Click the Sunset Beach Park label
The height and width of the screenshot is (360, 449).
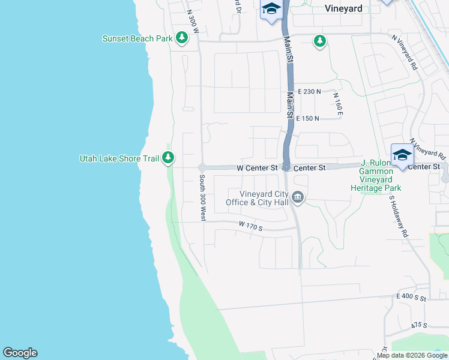point(137,39)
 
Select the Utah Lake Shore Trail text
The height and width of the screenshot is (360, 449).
point(119,158)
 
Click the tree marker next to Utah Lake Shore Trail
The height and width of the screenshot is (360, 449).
point(169,158)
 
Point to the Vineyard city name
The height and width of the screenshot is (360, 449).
point(343,8)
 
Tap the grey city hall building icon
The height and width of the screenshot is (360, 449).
point(297,197)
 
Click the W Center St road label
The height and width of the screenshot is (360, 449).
point(258,167)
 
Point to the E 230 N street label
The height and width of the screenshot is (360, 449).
point(309,92)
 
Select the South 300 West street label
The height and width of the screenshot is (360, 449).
point(202,199)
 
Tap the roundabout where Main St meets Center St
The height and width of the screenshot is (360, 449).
point(287,167)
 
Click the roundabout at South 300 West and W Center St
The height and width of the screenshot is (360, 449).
point(202,167)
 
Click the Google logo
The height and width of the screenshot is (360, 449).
point(20,353)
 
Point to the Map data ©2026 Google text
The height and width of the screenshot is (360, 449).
point(412,355)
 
